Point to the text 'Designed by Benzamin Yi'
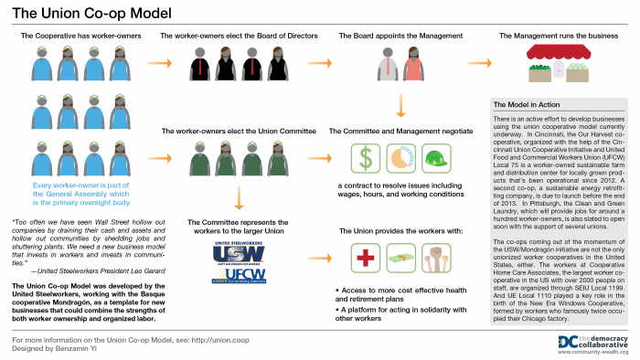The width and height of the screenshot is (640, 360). coord(58,349)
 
